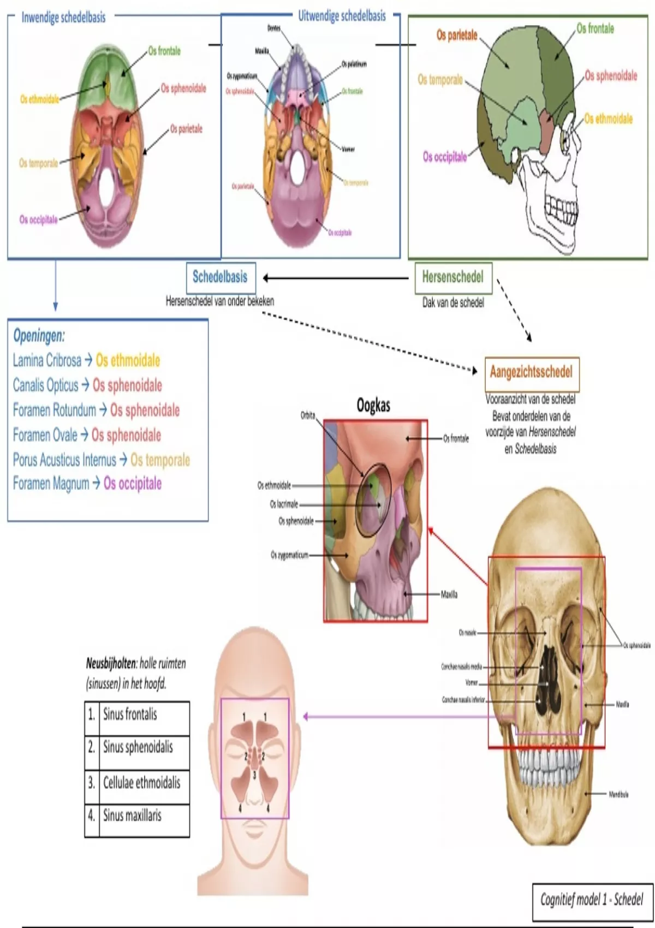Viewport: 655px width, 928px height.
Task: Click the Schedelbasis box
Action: [219, 277]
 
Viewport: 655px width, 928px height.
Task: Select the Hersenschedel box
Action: [452, 278]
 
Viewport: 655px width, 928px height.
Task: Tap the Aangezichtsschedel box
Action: [531, 373]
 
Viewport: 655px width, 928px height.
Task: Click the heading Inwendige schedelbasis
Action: [63, 17]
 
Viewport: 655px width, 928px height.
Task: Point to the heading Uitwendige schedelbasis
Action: [342, 16]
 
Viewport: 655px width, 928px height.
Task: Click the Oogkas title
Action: [373, 406]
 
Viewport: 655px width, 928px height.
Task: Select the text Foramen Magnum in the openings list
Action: [51, 484]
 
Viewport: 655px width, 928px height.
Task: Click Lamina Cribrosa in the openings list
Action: [47, 360]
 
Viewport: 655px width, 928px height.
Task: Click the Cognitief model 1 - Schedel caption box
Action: [592, 900]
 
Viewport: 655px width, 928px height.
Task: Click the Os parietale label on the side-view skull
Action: [456, 35]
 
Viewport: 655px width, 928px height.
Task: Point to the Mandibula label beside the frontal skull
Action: [618, 794]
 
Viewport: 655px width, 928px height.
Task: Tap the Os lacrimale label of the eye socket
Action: [284, 504]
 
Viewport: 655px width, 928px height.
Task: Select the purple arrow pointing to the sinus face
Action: [409, 716]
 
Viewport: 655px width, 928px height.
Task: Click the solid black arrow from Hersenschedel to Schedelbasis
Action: [336, 278]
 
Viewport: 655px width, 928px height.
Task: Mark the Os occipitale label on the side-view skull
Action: [445, 157]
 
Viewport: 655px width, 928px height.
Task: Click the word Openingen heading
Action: [39, 336]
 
